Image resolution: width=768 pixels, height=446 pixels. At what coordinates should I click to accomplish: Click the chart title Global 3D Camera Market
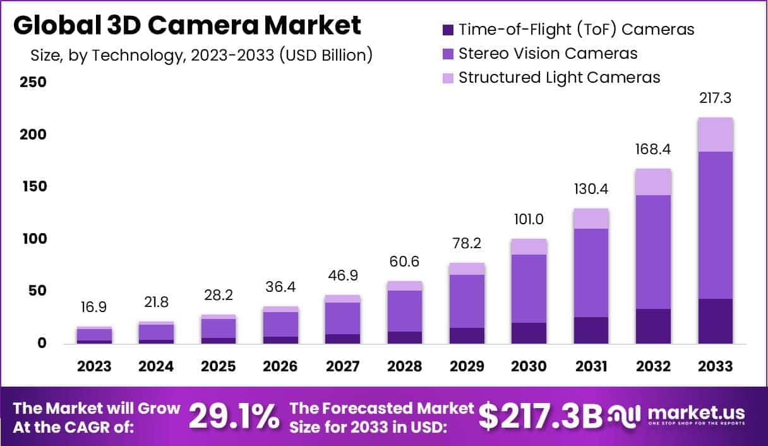(188, 25)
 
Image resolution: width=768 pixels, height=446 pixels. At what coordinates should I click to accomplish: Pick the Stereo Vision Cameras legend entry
(548, 54)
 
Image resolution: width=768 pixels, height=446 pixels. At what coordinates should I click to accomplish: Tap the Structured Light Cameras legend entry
(559, 78)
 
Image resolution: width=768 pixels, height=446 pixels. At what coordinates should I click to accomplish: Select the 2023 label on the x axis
(94, 367)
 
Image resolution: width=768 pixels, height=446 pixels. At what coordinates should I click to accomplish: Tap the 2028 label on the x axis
(405, 367)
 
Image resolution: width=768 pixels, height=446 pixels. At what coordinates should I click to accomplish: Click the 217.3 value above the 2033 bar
(716, 99)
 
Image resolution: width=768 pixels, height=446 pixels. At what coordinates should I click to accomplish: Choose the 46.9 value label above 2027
(343, 276)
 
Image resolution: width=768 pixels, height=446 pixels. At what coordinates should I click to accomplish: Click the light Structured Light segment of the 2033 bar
(716, 135)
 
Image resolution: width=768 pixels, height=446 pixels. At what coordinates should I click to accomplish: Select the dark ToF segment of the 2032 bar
(654, 326)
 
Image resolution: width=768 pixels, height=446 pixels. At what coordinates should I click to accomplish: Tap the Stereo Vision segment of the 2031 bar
(591, 272)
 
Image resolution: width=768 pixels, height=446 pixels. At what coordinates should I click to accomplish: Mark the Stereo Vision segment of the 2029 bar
(467, 301)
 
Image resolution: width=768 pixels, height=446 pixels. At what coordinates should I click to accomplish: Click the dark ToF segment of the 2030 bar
(529, 333)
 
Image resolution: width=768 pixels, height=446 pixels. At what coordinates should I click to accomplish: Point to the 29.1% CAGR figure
(234, 416)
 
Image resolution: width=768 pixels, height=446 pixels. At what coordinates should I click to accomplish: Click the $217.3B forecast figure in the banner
(540, 416)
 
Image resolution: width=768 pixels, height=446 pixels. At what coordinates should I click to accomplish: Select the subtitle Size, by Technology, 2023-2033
(201, 55)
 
